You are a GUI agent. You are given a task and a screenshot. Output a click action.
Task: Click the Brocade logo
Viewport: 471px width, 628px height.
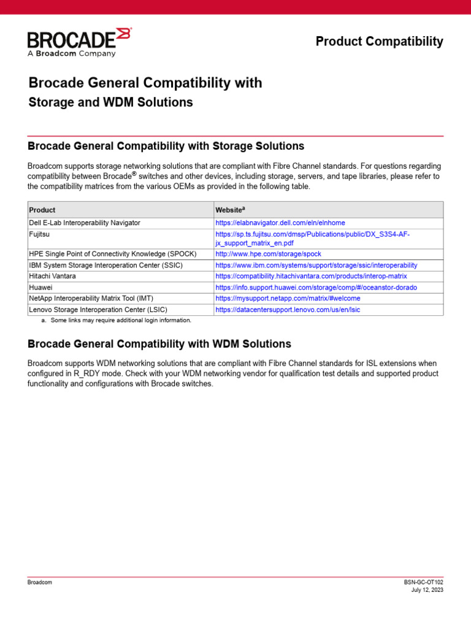pos(78,42)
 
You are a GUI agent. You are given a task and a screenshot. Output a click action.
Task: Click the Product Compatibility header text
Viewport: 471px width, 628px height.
pos(379,42)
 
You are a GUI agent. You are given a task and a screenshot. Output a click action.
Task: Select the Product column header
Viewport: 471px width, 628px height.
pos(42,210)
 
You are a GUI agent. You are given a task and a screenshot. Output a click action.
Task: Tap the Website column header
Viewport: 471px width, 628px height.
pos(230,210)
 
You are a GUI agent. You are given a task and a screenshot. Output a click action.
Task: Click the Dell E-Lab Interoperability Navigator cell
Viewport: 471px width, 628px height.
pos(85,223)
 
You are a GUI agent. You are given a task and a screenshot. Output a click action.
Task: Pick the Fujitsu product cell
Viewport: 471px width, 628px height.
pos(40,234)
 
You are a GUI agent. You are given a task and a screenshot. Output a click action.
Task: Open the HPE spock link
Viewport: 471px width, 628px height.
pos(268,254)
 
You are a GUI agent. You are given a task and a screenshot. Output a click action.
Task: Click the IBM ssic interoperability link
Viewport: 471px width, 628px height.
pos(316,266)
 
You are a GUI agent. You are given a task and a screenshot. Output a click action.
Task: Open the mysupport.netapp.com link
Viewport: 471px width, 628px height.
pos(288,298)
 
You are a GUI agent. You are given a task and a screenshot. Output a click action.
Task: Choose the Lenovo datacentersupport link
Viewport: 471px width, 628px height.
pos(288,310)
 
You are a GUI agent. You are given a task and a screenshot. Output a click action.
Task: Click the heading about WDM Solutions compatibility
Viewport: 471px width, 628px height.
pos(159,344)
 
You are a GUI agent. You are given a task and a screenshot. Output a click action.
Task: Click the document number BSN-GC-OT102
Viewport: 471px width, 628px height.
pos(423,582)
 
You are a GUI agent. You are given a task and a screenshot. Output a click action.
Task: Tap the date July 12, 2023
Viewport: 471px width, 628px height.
pos(427,590)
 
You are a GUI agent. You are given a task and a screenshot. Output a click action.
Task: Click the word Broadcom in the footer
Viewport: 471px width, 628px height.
pos(40,582)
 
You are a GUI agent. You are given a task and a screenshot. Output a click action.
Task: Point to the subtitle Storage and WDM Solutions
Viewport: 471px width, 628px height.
pos(111,102)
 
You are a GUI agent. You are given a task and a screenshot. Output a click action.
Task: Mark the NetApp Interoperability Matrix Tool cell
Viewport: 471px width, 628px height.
pos(91,298)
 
